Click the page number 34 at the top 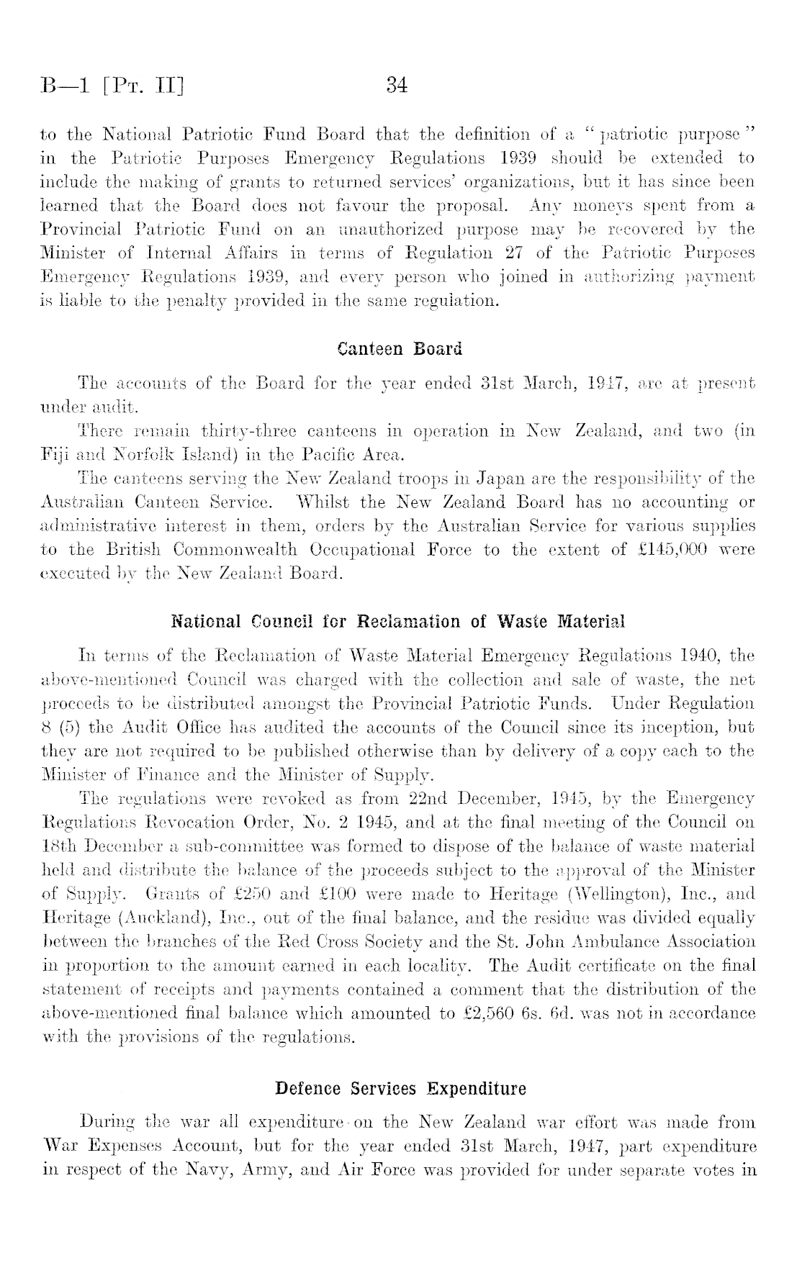[397, 86]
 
